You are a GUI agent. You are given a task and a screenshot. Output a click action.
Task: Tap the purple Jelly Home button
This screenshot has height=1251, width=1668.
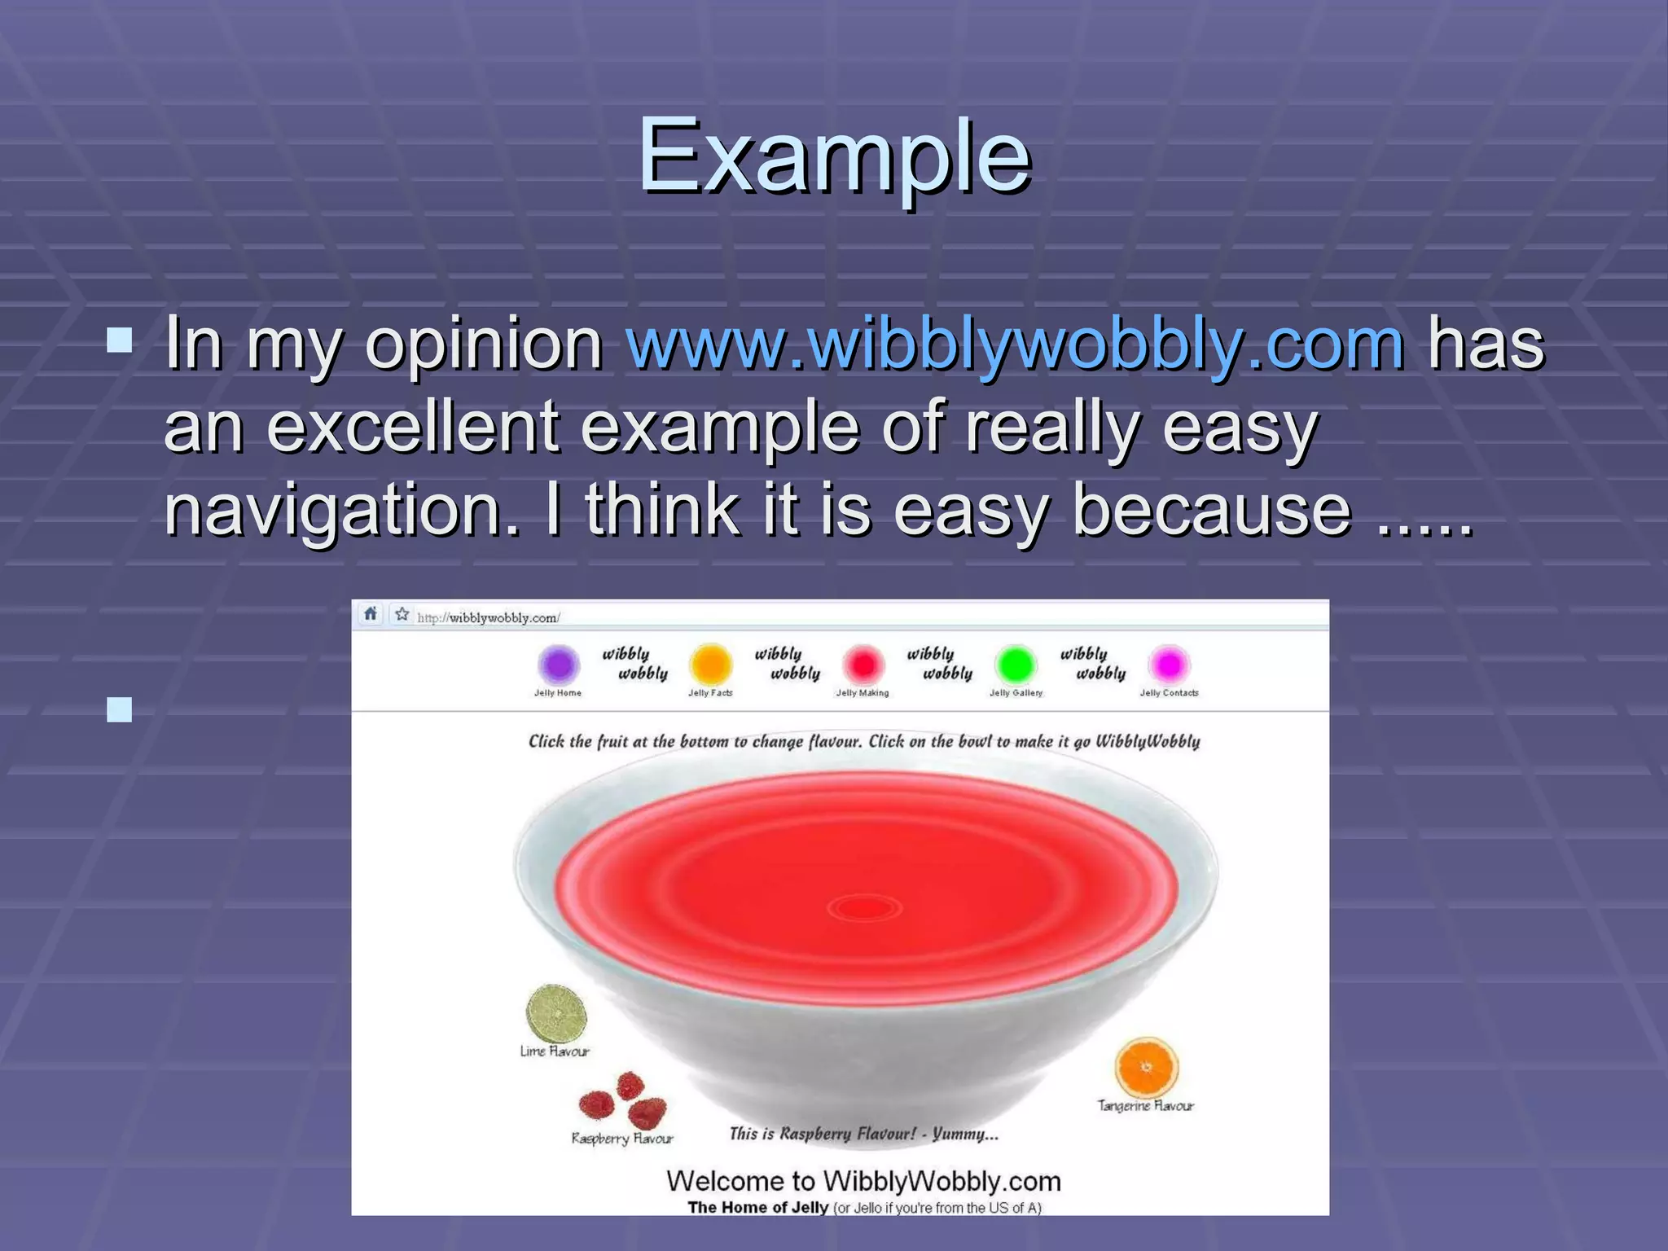point(559,665)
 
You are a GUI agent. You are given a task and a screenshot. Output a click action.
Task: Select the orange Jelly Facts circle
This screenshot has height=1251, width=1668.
point(710,665)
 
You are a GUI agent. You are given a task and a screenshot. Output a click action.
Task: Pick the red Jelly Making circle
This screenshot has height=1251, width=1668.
point(863,665)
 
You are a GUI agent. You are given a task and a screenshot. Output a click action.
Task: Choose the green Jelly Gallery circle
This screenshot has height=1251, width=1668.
point(1016,665)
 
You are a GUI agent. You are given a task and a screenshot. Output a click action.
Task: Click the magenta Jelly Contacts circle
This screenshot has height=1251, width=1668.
point(1169,665)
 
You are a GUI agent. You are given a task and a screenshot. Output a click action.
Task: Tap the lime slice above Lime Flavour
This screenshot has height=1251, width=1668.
point(556,1012)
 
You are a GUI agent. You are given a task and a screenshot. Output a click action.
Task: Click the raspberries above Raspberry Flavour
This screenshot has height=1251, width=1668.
point(623,1101)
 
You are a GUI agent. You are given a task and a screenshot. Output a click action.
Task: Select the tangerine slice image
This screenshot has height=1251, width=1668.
point(1147,1067)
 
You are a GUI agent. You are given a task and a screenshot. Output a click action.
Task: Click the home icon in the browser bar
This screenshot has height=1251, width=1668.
point(371,614)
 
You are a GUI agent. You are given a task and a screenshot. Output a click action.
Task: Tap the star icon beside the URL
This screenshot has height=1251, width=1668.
point(402,614)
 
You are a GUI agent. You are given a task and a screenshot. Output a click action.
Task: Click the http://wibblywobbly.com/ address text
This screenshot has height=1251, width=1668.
point(488,618)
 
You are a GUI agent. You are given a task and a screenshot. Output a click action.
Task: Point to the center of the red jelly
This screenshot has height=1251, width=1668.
point(865,906)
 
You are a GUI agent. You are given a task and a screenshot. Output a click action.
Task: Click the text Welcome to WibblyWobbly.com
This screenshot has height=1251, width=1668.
point(863,1181)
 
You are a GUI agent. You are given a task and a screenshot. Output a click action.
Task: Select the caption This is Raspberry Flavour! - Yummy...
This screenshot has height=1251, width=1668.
point(863,1134)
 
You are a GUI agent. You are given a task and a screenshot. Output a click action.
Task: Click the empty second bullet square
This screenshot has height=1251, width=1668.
point(120,709)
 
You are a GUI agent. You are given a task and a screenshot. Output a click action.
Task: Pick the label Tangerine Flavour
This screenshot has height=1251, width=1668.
point(1145,1106)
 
